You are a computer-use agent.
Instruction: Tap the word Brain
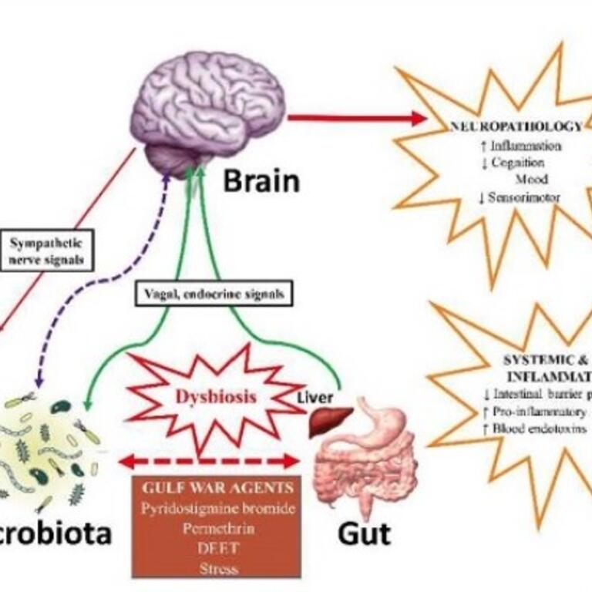coord(261,182)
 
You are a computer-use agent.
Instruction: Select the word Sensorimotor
coord(523,197)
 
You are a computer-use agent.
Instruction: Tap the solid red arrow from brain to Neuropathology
coord(355,118)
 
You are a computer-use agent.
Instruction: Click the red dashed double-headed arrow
coord(208,461)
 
